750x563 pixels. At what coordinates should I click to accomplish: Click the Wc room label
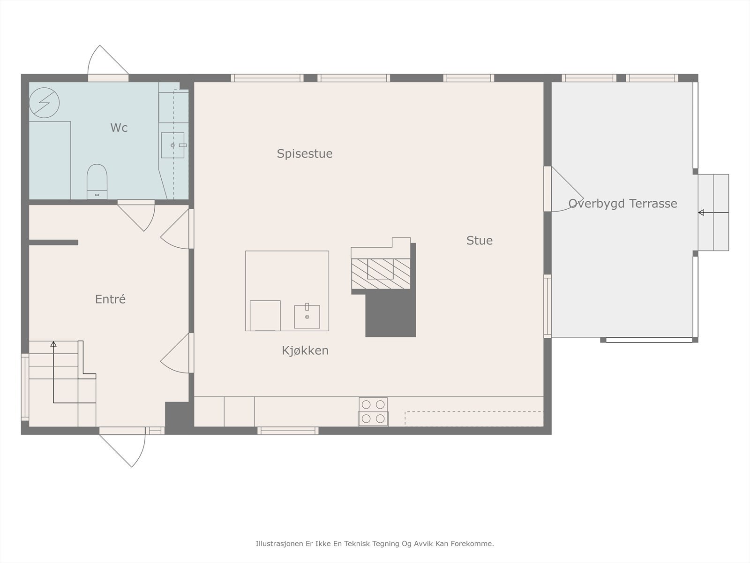coord(119,128)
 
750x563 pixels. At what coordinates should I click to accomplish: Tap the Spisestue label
coord(304,154)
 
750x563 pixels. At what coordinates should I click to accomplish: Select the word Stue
coord(480,241)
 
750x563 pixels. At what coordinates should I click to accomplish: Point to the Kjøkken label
coord(305,350)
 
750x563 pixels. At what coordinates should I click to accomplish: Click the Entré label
coord(110,299)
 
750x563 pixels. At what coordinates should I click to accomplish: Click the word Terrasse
coord(653,204)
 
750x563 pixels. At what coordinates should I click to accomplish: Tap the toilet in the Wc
coord(97,182)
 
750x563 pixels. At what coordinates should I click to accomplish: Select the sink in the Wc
coord(172,145)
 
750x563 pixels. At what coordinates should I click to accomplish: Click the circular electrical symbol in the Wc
coord(44,103)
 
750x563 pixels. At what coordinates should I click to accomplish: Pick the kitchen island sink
coord(307,317)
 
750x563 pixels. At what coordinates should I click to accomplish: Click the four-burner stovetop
coord(373,411)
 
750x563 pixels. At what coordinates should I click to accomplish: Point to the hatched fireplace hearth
coord(381,274)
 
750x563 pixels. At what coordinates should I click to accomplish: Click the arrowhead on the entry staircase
coord(53,344)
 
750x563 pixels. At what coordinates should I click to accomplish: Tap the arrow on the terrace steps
coord(713,213)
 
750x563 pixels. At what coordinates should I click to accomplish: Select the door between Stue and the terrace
coord(563,189)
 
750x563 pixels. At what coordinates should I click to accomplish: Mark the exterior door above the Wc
coord(108,63)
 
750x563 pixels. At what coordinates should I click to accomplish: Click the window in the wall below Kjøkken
coord(288,431)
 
